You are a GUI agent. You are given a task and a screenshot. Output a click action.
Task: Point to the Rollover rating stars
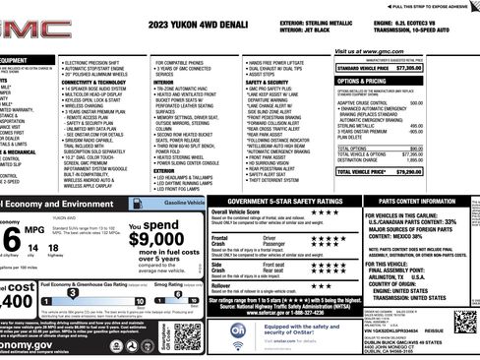click(324, 286)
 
